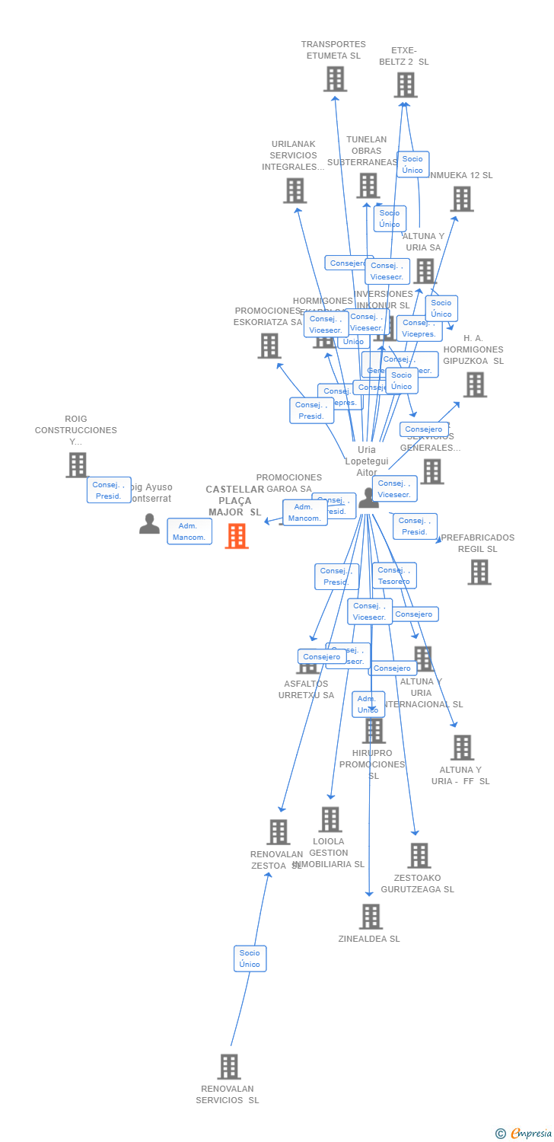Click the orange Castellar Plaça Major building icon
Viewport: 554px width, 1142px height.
[237, 536]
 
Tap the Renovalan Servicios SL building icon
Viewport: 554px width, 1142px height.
[229, 1067]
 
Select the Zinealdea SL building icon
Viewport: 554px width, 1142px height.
[371, 917]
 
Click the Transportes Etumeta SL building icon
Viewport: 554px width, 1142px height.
[335, 79]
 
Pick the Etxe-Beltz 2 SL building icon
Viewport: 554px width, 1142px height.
[406, 85]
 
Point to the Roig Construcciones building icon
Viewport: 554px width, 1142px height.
[77, 465]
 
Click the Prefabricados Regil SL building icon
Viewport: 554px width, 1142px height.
[479, 572]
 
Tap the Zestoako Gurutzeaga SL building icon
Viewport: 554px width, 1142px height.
[419, 856]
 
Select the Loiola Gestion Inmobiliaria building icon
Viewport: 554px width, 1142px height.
[330, 820]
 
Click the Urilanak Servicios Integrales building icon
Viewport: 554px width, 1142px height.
[295, 190]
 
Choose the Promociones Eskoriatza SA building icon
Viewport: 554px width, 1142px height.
[269, 346]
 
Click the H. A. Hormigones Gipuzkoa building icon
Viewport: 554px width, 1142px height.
[475, 384]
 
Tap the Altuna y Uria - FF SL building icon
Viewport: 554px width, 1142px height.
[462, 748]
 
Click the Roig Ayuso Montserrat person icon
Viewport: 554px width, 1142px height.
[150, 524]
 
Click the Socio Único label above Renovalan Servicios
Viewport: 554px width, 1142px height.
[250, 959]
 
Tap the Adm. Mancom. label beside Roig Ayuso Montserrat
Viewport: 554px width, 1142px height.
[189, 531]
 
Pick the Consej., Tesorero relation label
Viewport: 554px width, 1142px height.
[394, 576]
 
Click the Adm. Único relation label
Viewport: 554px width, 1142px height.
[368, 704]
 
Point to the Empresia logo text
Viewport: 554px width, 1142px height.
[530, 1134]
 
